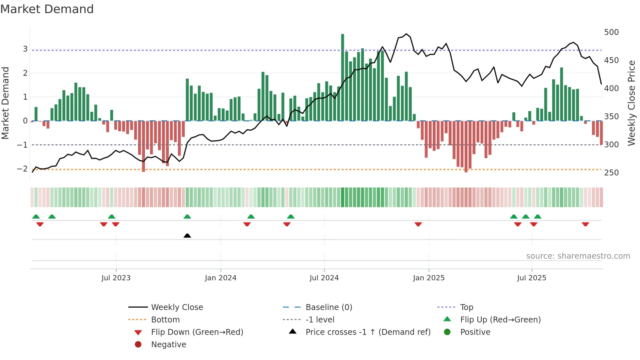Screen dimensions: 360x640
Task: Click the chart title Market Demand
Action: [x=47, y=9]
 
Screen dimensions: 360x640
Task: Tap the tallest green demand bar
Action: [x=343, y=77]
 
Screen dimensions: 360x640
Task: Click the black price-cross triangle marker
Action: [x=187, y=236]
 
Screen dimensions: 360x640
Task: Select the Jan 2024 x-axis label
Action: [x=220, y=278]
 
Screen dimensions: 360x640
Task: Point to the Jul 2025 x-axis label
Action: [x=531, y=278]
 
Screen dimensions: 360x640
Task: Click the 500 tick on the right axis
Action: [x=611, y=32]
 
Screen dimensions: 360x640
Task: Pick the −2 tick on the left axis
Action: [x=22, y=169]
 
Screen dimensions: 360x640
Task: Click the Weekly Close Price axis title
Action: [x=632, y=103]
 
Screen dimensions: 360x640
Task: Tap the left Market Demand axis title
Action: [x=5, y=103]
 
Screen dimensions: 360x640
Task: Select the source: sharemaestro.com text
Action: [x=578, y=256]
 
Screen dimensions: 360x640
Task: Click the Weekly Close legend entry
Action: [x=177, y=307]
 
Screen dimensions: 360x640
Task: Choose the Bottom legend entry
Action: [x=165, y=320]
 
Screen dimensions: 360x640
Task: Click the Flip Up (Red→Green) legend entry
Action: [x=500, y=320]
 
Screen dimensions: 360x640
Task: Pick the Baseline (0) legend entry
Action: [x=328, y=307]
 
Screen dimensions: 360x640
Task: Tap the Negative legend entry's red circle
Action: [x=138, y=345]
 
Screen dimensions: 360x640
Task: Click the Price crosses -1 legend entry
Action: [x=368, y=332]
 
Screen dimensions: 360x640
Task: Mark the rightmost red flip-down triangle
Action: [x=585, y=224]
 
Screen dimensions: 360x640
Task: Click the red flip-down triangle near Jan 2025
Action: [x=418, y=224]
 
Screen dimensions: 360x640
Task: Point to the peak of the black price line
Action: [x=406, y=34]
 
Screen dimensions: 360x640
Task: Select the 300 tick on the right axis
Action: [x=611, y=145]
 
